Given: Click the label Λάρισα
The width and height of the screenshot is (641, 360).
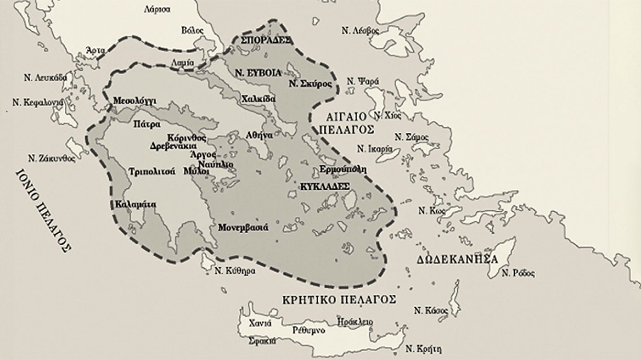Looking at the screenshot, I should [x=156, y=9].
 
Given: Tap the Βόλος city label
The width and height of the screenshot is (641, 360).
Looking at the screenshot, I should [x=192, y=30].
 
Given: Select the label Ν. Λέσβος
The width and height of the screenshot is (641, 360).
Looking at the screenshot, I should [x=360, y=31].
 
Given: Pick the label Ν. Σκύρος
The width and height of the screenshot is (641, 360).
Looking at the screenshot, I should [x=310, y=84].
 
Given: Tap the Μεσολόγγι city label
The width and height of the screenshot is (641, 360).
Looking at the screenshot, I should [x=134, y=101].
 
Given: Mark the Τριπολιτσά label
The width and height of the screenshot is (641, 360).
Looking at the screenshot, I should [x=151, y=171].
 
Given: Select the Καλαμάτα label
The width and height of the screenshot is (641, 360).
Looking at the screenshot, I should [x=136, y=205].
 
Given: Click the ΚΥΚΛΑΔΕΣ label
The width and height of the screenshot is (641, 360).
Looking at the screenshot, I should [x=325, y=187].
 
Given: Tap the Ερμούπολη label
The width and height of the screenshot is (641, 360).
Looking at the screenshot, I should [x=342, y=170].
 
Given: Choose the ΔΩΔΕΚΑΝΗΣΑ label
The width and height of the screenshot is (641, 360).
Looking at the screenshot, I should [x=457, y=259].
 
